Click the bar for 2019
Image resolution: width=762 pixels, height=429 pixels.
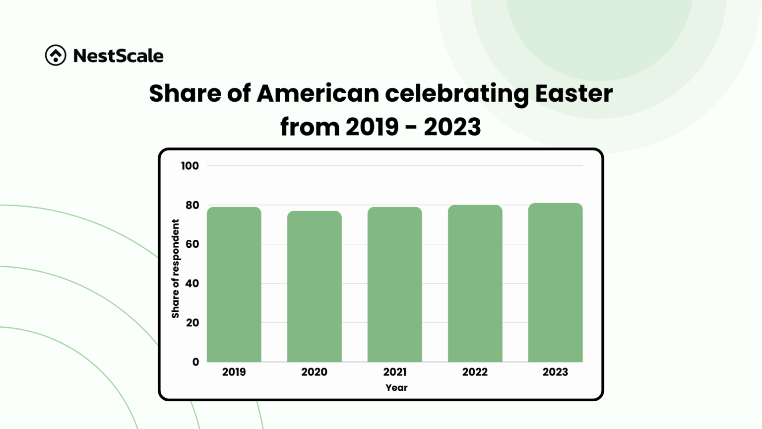pyautogui.click(x=234, y=285)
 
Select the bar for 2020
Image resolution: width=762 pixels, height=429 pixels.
pyautogui.click(x=314, y=286)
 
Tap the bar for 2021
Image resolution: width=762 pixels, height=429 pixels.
pyautogui.click(x=394, y=285)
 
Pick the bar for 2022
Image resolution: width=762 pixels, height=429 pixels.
pyautogui.click(x=475, y=284)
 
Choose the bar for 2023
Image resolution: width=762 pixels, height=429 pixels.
pyautogui.click(x=555, y=283)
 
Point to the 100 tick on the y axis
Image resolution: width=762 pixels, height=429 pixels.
pyautogui.click(x=190, y=166)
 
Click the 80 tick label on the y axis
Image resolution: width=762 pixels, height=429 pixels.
pyautogui.click(x=192, y=205)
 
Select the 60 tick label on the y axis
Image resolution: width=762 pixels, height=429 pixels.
pyautogui.click(x=192, y=244)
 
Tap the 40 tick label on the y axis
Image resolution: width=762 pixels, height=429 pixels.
pyautogui.click(x=192, y=284)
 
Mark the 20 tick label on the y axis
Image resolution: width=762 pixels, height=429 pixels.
pyautogui.click(x=192, y=323)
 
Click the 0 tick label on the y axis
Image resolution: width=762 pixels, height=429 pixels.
pyautogui.click(x=195, y=362)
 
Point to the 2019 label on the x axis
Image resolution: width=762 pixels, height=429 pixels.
pyautogui.click(x=234, y=372)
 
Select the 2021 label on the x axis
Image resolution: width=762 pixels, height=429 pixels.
pyautogui.click(x=394, y=372)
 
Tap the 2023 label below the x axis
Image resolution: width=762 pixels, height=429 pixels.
pyautogui.click(x=555, y=372)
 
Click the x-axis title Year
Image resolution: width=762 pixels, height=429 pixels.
pyautogui.click(x=396, y=388)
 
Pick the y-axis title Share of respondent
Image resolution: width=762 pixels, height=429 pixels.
pyautogui.click(x=175, y=269)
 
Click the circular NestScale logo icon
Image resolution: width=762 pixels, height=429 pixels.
pyautogui.click(x=56, y=55)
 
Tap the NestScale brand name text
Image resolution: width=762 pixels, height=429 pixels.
pyautogui.click(x=118, y=56)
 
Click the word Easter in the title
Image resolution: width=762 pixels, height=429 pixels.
pyautogui.click(x=573, y=93)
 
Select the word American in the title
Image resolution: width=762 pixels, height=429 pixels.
pyautogui.click(x=317, y=93)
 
